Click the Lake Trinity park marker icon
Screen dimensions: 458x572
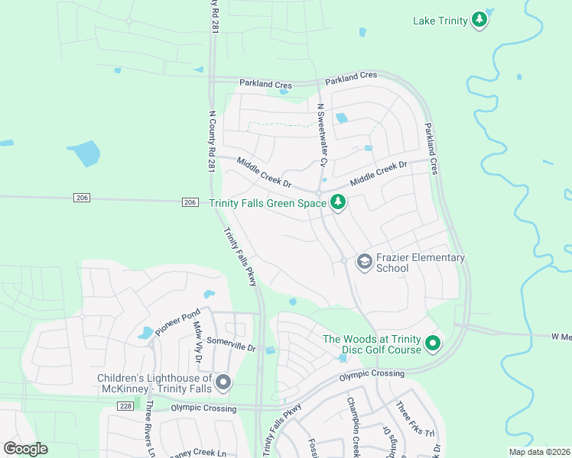point(479,20)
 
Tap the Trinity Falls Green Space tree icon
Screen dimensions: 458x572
point(337,203)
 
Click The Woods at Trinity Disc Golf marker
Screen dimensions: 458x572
point(432,344)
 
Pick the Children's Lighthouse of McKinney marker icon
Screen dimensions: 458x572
point(223,383)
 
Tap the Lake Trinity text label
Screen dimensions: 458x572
point(440,21)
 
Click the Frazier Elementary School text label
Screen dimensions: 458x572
point(420,263)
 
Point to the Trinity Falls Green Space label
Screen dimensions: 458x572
point(268,203)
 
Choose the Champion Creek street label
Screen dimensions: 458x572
point(353,427)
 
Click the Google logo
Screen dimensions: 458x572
point(25,449)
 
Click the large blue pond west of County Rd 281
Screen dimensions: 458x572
point(83,153)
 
